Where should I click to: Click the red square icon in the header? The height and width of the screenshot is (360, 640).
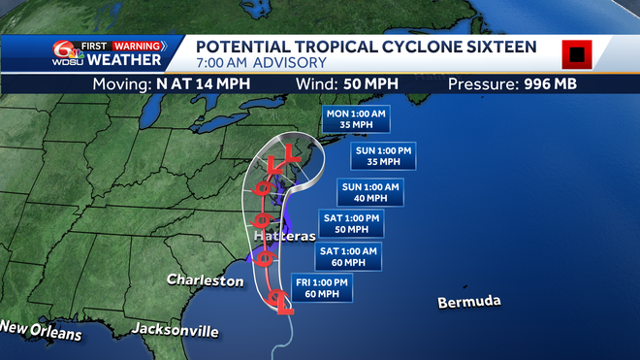tap(576, 52)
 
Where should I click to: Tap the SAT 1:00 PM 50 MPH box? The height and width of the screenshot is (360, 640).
tap(353, 223)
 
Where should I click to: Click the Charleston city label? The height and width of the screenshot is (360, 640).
tap(205, 280)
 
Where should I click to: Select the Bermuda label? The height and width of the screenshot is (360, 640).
tap(469, 301)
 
